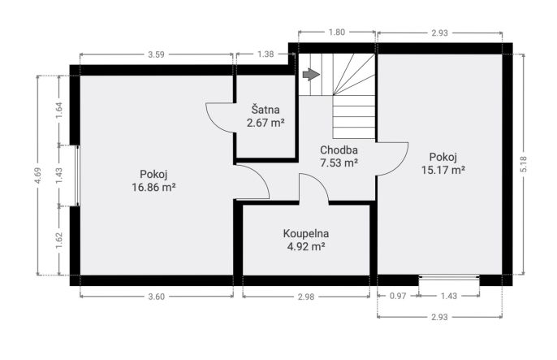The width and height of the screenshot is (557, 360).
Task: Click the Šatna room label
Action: coord(266,110)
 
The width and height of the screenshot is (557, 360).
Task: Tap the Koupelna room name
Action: coord(306,233)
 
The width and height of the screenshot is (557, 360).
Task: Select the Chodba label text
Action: coord(339,150)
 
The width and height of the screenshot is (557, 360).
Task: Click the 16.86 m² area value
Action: coord(153,187)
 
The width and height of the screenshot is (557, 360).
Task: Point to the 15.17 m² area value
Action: coord(443,170)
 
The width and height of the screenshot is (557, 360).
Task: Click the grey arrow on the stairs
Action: coord(311,74)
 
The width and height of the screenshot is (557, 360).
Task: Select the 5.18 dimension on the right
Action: coord(524,164)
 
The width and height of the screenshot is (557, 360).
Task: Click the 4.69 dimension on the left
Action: coord(37,176)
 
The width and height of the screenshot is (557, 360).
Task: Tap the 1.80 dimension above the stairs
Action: coord(336,33)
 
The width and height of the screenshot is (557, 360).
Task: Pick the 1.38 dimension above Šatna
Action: coord(266,54)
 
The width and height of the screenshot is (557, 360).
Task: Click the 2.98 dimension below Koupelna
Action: coord(306,297)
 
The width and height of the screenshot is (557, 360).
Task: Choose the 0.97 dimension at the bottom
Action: coord(398,296)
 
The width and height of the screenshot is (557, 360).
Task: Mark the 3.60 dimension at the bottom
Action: coord(156,297)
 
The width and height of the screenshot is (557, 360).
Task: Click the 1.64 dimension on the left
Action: coord(59,111)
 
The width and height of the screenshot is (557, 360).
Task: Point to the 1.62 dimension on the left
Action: coord(59,241)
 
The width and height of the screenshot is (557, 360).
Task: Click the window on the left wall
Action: coord(77,176)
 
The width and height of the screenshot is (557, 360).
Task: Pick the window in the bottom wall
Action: coord(449,277)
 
